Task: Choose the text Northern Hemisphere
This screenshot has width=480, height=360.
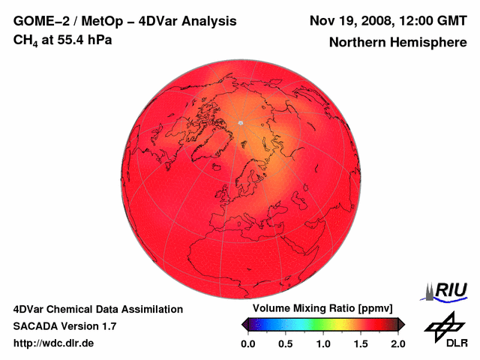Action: coord(397,43)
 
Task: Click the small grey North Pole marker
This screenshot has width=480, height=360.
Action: coord(241,121)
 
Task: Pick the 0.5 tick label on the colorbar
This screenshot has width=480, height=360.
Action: coord(285,343)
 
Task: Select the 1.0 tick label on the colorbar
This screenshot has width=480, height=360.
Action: coord(322,343)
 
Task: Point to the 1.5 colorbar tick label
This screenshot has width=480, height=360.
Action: coord(360,343)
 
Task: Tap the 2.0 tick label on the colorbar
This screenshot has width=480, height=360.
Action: coord(397,343)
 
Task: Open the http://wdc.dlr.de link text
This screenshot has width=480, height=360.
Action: coord(54,343)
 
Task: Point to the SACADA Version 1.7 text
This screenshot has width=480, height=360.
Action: coord(64,326)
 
